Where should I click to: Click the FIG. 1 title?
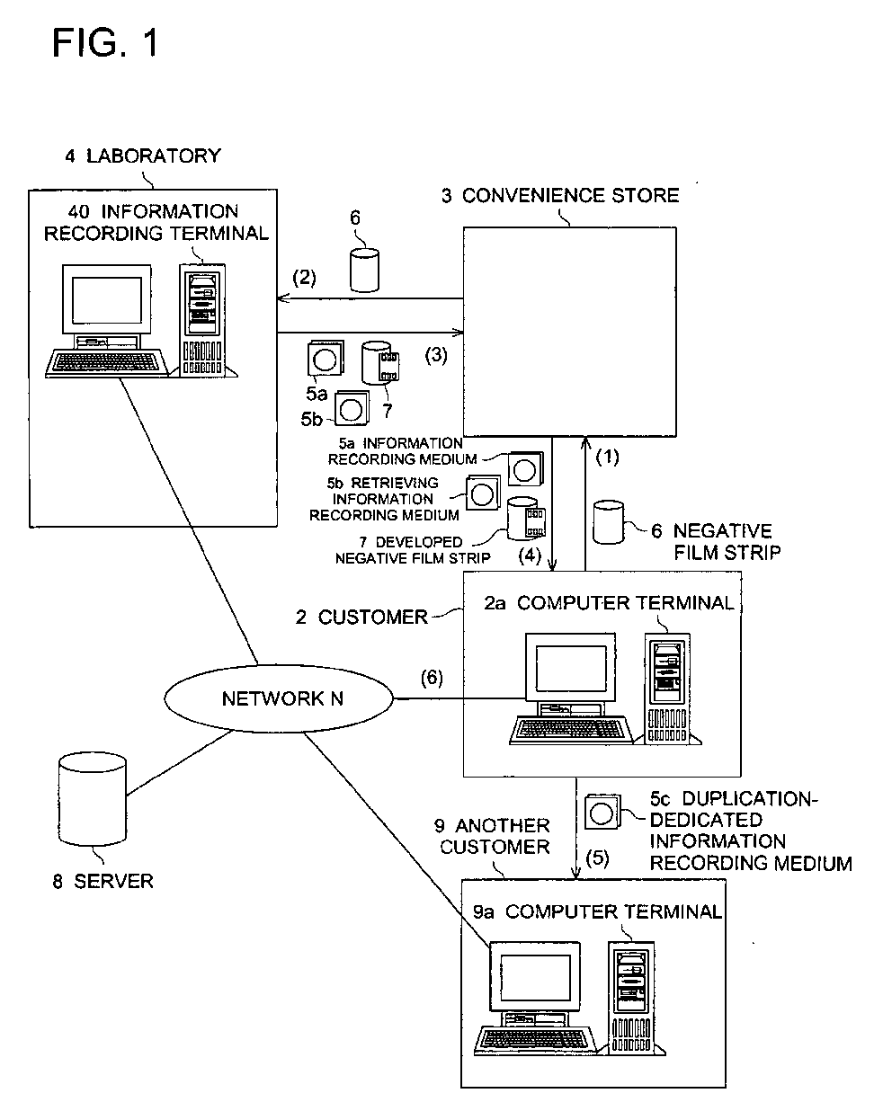105,42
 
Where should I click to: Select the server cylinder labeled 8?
93,798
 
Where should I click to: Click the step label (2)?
304,278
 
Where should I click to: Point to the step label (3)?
436,355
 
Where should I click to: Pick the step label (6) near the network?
432,678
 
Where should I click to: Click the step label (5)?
597,858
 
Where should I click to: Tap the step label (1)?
608,457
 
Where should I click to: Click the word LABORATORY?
154,156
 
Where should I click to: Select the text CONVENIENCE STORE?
570,195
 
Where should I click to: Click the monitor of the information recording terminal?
107,300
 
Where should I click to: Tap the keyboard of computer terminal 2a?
571,730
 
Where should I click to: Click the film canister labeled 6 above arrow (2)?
365,270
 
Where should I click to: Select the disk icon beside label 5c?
602,812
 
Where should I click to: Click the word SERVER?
113,881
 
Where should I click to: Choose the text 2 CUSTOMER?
361,617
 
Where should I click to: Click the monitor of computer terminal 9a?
535,977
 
